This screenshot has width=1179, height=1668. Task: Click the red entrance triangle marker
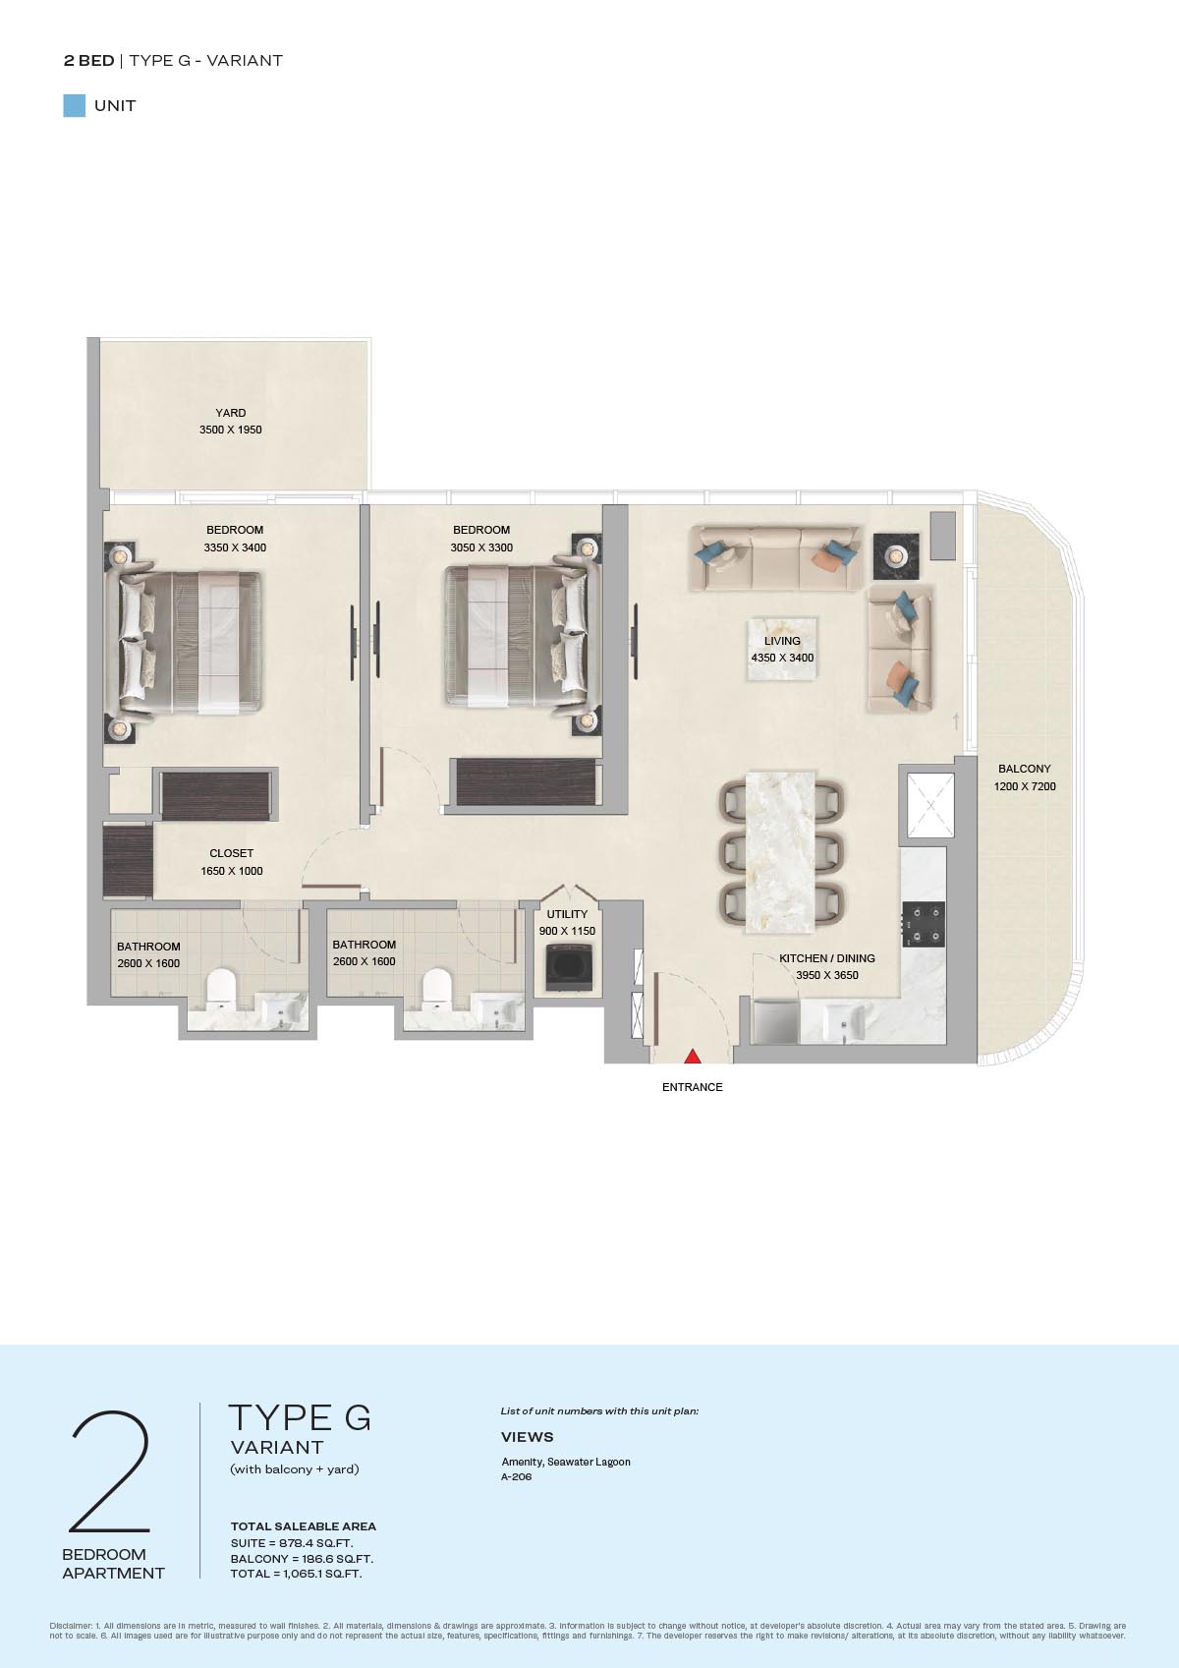point(693,1056)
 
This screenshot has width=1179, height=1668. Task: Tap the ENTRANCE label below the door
point(693,1087)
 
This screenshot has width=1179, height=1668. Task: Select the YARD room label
point(231,413)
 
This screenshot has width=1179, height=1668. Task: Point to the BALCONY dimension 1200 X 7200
point(1024,786)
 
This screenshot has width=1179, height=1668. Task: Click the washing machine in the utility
point(569,966)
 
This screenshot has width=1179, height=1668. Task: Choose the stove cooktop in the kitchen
point(924,924)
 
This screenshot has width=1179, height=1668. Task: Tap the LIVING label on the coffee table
point(782,641)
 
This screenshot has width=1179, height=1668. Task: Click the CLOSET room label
point(232,853)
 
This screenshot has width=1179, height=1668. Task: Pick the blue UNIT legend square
point(75,106)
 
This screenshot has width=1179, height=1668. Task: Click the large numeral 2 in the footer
point(110,1471)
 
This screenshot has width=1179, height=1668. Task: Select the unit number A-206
point(517,1476)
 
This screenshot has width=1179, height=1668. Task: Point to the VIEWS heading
point(527,1436)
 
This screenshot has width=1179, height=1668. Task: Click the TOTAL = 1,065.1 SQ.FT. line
point(297,1574)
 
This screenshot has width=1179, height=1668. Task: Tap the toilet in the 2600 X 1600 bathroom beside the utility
point(436,987)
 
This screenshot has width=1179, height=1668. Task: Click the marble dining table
point(780,852)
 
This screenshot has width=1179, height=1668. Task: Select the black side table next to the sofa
point(896,555)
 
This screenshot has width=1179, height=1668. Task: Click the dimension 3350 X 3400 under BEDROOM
point(235,547)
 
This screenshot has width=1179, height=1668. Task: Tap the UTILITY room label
point(567,914)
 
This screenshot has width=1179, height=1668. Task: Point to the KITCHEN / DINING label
point(827,958)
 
